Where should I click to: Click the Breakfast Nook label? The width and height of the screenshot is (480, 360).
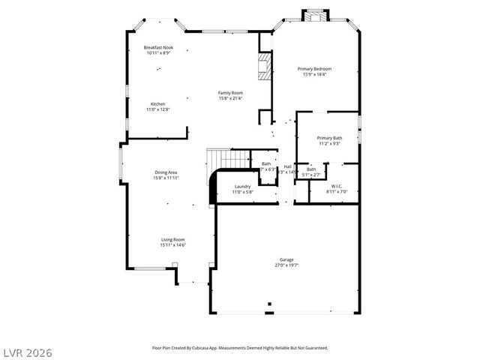pos(157,48)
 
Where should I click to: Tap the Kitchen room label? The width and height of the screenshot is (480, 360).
pos(157,104)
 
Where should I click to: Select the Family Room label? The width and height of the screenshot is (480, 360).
pos(230,93)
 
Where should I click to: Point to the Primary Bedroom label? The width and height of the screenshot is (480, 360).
pos(316,69)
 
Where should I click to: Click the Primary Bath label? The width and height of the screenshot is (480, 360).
pos(329,138)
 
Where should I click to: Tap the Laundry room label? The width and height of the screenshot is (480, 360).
pos(242,186)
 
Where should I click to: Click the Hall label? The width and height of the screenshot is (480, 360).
pos(287,166)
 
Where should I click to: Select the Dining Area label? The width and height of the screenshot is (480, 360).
pos(166,172)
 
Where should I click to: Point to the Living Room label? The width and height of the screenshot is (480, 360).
pos(172,239)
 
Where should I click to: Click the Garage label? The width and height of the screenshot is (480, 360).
pos(287,259)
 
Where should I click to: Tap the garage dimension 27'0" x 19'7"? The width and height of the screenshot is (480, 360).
pos(287,265)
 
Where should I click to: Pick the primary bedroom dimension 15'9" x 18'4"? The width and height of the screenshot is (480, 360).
pos(316,74)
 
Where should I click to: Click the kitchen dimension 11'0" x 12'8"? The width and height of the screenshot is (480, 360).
pos(157,109)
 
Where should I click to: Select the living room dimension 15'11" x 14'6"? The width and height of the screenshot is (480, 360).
pos(172,244)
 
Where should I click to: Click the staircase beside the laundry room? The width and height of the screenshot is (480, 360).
pos(229,158)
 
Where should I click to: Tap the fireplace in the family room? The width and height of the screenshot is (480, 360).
pos(263,66)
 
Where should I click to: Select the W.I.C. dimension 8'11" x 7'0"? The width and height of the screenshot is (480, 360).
pos(337,191)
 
